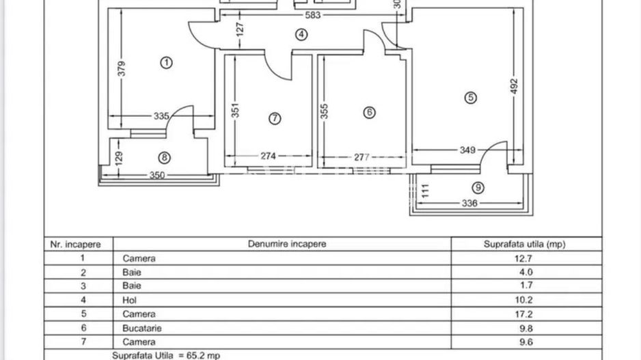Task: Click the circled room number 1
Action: coord(166,63)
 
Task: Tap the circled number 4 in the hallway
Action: coord(301,34)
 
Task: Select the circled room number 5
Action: coord(470,98)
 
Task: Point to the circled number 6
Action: coord(369,113)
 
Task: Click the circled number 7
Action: coord(275,118)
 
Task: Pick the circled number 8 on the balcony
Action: coord(165,158)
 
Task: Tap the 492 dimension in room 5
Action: coord(515,85)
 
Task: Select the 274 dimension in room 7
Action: coord(267,156)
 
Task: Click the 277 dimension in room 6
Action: coord(362,157)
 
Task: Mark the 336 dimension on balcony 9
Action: coord(469,203)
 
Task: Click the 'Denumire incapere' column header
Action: coord(287,244)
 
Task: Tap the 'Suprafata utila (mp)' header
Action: coord(525,244)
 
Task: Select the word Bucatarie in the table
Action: coord(142,328)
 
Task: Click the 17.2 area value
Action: coord(524,314)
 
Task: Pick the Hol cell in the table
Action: coord(130,301)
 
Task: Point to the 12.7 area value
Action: coord(524,258)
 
